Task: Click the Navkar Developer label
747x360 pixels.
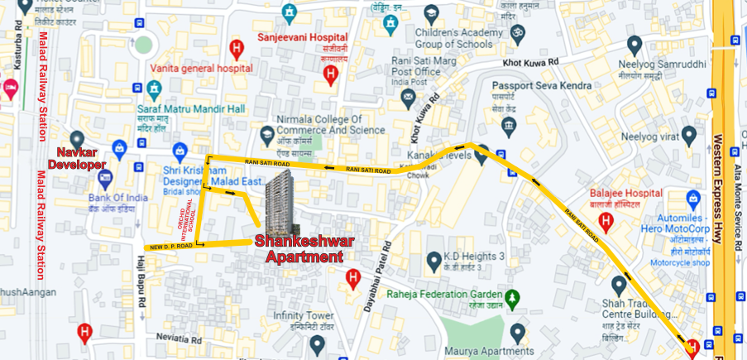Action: coord(80,158)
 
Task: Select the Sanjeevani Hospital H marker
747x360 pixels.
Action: coord(331,76)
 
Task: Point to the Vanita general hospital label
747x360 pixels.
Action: coord(201,69)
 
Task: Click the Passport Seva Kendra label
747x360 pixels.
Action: coord(541,85)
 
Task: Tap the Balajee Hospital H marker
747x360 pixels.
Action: coord(606,222)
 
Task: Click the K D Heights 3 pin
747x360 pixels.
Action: coord(433,262)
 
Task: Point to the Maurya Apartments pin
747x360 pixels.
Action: coord(518,332)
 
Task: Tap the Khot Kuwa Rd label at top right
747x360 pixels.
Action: coord(530,62)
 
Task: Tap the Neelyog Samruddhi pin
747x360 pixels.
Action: coord(634,45)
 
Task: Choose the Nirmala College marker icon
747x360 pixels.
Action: coord(267,134)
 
